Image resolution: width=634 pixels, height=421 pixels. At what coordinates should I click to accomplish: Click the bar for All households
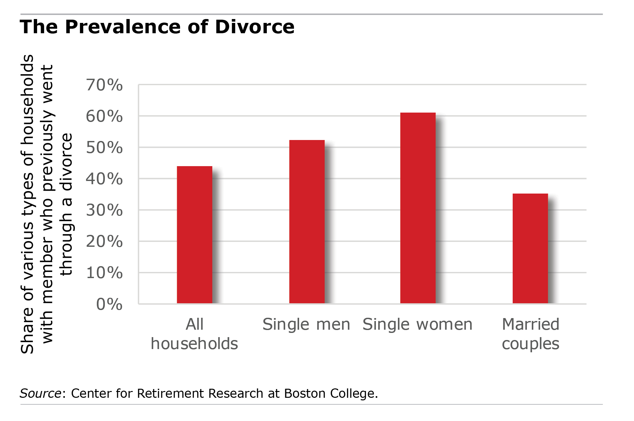pyautogui.click(x=195, y=235)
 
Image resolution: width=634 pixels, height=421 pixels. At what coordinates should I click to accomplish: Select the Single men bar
pyautogui.click(x=307, y=222)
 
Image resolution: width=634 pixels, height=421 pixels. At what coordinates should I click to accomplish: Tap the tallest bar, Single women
pyautogui.click(x=418, y=208)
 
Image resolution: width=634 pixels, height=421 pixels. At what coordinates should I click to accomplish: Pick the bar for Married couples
pyautogui.click(x=530, y=248)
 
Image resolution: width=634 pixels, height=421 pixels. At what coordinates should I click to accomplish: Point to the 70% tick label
pyautogui.click(x=104, y=85)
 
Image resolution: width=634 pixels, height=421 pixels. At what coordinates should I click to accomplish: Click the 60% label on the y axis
pyautogui.click(x=104, y=116)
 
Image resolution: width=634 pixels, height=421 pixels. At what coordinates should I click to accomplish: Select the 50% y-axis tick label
pyautogui.click(x=104, y=148)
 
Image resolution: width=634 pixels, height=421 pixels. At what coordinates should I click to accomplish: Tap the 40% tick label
pyautogui.click(x=104, y=179)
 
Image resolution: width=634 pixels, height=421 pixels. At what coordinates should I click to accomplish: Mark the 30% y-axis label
pyautogui.click(x=104, y=210)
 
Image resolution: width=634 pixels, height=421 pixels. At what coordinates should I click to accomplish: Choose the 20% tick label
pyautogui.click(x=104, y=242)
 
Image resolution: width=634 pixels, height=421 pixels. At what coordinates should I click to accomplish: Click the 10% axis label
pyautogui.click(x=104, y=273)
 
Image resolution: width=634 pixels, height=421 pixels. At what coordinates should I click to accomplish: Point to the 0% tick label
pyautogui.click(x=109, y=304)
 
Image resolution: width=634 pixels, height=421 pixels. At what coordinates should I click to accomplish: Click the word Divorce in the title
pyautogui.click(x=255, y=26)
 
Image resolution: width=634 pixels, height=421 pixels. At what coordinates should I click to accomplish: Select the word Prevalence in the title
pyautogui.click(x=124, y=26)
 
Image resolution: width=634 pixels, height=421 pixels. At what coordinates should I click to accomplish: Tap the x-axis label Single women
pyautogui.click(x=418, y=324)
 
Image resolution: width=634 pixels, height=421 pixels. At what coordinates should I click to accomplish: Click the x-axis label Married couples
pyautogui.click(x=530, y=334)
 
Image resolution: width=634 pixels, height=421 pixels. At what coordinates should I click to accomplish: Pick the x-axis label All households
pyautogui.click(x=195, y=334)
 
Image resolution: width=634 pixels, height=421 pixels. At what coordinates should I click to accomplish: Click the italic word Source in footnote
pyautogui.click(x=40, y=394)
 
